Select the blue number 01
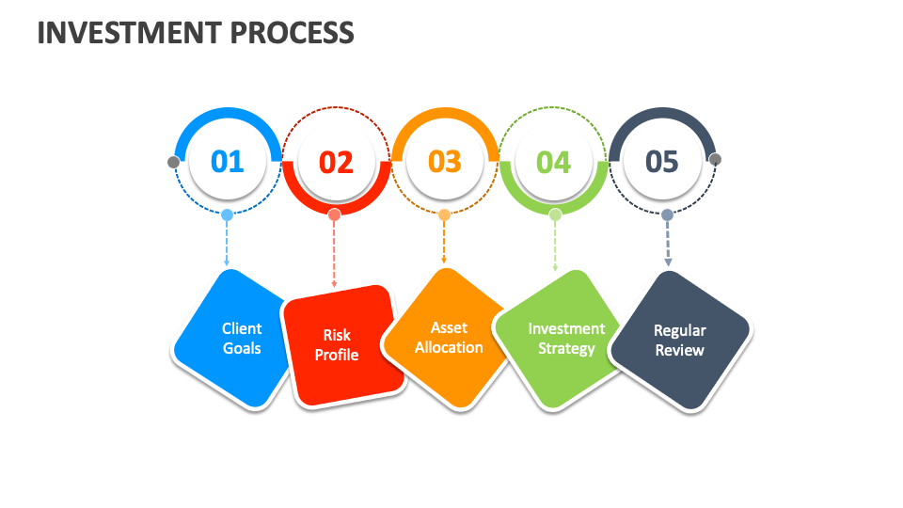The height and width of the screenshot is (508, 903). (227, 162)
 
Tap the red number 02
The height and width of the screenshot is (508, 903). (336, 163)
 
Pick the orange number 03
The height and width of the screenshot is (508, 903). (445, 162)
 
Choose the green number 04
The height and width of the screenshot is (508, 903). (553, 163)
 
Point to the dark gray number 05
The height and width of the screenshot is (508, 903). (662, 162)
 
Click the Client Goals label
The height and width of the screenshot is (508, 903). (242, 338)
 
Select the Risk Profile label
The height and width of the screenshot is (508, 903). (337, 344)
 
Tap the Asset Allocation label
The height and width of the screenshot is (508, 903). (449, 337)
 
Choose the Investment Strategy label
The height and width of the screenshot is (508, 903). (566, 338)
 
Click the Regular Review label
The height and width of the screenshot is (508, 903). (679, 340)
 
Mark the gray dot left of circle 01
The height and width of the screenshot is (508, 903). (173, 162)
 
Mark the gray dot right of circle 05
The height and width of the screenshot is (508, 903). (715, 159)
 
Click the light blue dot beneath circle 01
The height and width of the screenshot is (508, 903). (227, 214)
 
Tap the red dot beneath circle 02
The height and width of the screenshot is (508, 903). (334, 214)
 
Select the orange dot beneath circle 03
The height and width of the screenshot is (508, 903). (444, 214)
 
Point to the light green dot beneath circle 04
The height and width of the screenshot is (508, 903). (555, 214)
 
